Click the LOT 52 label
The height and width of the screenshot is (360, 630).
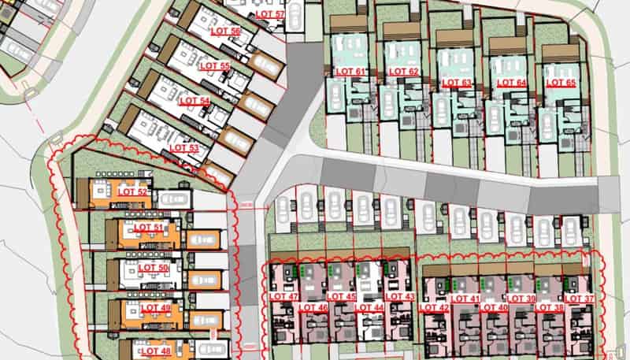click(x=132, y=192)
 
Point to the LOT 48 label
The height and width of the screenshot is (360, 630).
click(x=154, y=351)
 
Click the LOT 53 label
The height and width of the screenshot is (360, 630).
click(x=183, y=147)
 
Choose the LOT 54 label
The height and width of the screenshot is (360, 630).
click(x=195, y=101)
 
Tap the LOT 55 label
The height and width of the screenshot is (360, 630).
click(x=214, y=65)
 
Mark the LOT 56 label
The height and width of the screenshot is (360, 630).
click(x=226, y=31)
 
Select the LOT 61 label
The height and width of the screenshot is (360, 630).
click(x=350, y=72)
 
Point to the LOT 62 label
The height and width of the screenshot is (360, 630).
click(x=402, y=72)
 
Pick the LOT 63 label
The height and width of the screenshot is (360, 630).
click(x=456, y=82)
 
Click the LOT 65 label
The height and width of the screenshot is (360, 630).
click(x=560, y=82)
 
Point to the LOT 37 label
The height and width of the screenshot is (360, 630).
click(x=579, y=299)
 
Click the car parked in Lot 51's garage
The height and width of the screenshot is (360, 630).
click(x=203, y=239)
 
